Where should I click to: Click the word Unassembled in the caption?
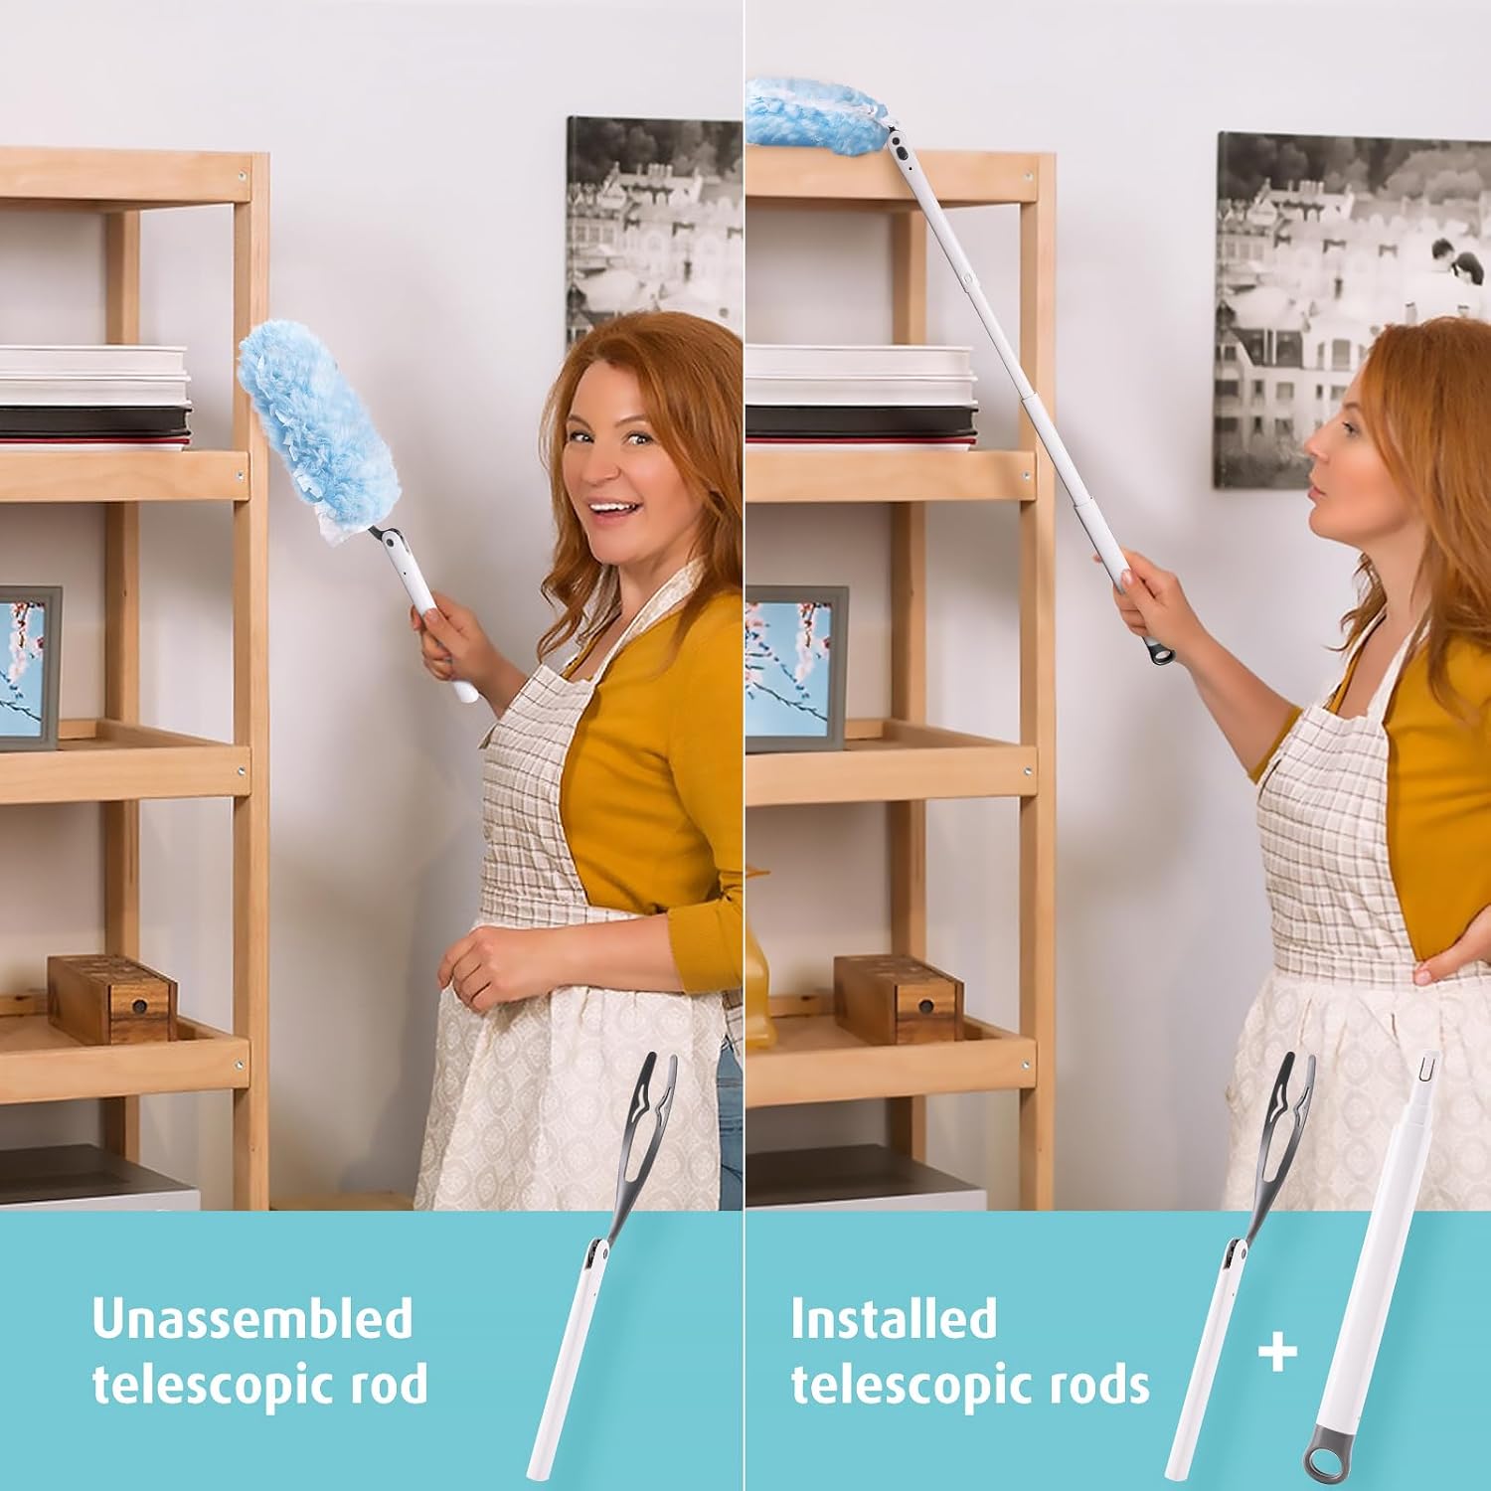[x=251, y=1319]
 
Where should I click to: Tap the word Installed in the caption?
[x=893, y=1319]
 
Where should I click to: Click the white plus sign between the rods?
[x=1277, y=1352]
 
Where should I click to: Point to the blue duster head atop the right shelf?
[x=815, y=114]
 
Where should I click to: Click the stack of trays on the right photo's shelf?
[x=860, y=398]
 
